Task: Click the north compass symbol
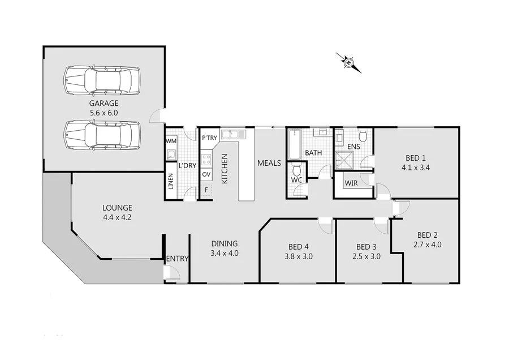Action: tap(348, 62)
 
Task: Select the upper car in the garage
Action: tap(101, 80)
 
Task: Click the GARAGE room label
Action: tap(103, 104)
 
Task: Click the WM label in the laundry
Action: tap(170, 140)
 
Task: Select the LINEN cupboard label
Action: tap(170, 182)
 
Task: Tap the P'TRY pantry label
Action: tap(209, 138)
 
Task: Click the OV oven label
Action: tap(206, 174)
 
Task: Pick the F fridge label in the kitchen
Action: tap(206, 189)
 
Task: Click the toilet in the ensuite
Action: tap(363, 136)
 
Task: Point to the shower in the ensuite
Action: tap(346, 160)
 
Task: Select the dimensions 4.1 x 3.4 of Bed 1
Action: tap(416, 168)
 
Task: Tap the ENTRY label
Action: tap(178, 259)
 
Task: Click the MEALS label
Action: tap(269, 163)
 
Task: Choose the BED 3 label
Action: tap(366, 247)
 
